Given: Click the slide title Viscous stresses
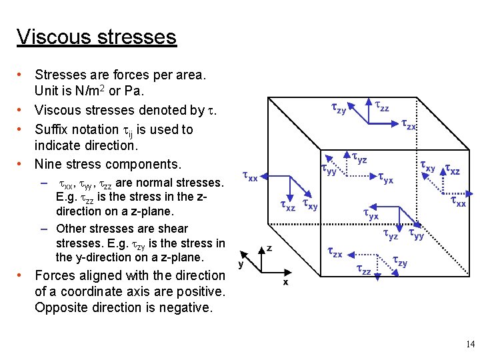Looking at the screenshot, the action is coord(97,37).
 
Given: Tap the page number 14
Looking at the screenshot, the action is coord(471,345).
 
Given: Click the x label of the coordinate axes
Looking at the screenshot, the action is coord(285,282).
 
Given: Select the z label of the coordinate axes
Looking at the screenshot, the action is coord(269,247).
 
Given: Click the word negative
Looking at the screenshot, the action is coord(185,308).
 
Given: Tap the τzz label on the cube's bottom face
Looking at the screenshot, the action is coord(363,269).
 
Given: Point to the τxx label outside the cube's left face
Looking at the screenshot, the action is coord(249,177).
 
